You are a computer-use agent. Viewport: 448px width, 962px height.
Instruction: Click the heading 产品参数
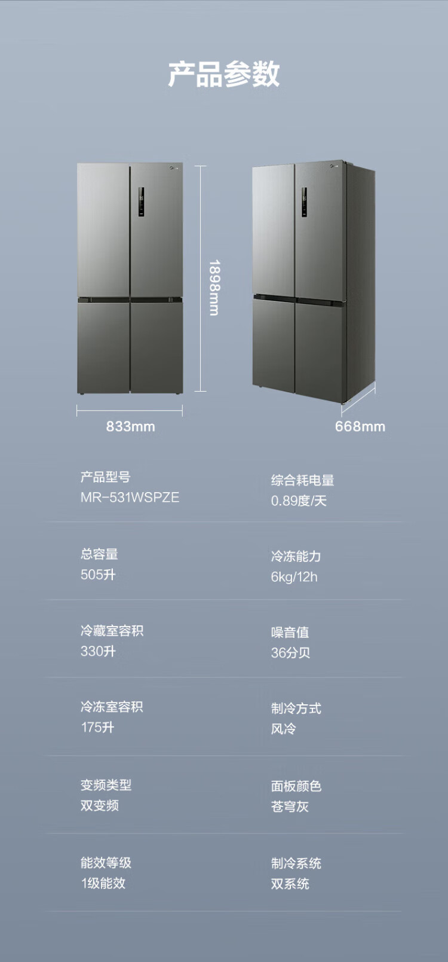[x=223, y=74]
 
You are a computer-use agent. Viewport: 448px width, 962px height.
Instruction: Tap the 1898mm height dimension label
[x=214, y=288]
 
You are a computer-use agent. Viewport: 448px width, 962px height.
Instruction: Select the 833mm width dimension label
[x=130, y=426]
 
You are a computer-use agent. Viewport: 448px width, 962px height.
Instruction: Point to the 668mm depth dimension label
[x=360, y=426]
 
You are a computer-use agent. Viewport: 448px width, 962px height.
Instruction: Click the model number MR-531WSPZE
[x=130, y=497]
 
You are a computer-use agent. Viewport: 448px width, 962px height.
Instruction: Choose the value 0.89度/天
[x=299, y=501]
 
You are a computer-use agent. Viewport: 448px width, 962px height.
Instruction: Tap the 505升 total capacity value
[x=99, y=575]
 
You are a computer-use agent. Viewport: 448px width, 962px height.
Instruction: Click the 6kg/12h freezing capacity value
[x=294, y=577]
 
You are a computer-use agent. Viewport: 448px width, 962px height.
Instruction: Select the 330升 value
[x=99, y=651]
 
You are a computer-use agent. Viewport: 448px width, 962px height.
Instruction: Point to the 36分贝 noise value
[x=290, y=653]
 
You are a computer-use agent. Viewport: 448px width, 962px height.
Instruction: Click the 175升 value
[x=98, y=727]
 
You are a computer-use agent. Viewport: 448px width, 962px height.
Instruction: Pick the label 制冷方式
[x=296, y=708]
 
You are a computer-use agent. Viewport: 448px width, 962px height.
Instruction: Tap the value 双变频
[x=100, y=805]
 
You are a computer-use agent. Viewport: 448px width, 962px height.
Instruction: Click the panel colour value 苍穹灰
[x=290, y=807]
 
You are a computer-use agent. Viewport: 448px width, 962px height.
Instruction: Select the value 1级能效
[x=103, y=883]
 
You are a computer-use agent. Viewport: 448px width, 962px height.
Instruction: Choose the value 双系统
[x=290, y=884]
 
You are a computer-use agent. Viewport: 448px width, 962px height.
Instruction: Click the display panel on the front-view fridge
[x=141, y=202]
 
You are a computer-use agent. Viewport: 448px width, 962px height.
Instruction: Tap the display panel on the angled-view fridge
[x=304, y=202]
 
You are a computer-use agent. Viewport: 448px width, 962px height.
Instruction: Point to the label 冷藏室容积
[x=112, y=630]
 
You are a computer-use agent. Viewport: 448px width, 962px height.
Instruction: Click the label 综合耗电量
[x=302, y=480]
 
